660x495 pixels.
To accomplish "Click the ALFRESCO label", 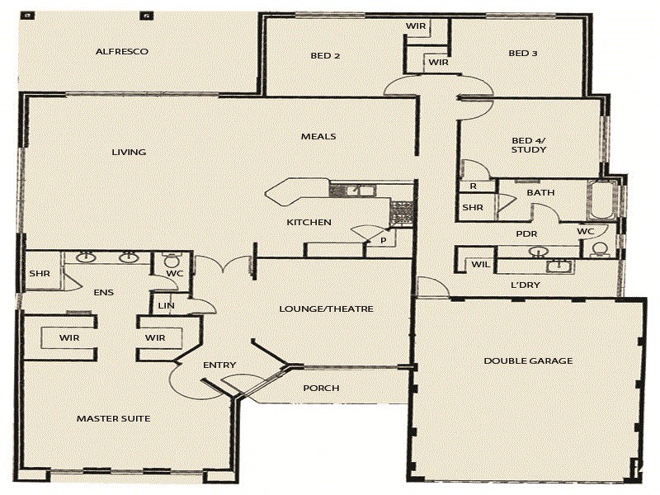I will [121, 51].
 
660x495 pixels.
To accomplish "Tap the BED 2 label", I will [326, 55].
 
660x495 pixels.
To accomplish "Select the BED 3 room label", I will [523, 54].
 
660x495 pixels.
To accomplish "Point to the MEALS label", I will [318, 136].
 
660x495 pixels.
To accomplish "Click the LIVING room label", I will [129, 152].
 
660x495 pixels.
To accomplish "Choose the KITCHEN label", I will [309, 222].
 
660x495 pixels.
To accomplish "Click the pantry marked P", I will [383, 240].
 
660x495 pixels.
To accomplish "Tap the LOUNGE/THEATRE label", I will [326, 309].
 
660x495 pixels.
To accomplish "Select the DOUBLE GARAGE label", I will [528, 361].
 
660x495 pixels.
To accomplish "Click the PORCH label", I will [321, 388].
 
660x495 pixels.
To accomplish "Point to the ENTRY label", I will [219, 365].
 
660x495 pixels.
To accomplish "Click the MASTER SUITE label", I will [113, 418].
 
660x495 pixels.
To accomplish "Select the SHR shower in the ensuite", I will [40, 274].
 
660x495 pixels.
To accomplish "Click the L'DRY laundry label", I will [526, 285].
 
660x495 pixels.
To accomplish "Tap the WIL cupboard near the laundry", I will [479, 265].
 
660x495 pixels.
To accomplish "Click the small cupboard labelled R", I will [474, 186].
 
